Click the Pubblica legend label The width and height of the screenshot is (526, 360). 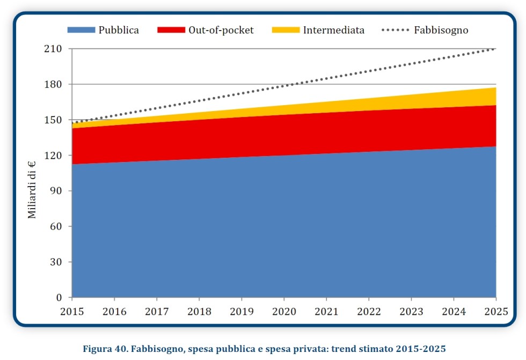click(118, 30)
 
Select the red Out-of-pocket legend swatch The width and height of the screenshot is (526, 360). click(171, 30)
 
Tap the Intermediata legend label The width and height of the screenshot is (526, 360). click(333, 30)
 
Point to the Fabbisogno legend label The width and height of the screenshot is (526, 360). click(441, 30)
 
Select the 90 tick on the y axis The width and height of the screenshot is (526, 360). click(57, 191)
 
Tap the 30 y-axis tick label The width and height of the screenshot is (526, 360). click(57, 262)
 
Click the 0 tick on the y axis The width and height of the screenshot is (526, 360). click(60, 298)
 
